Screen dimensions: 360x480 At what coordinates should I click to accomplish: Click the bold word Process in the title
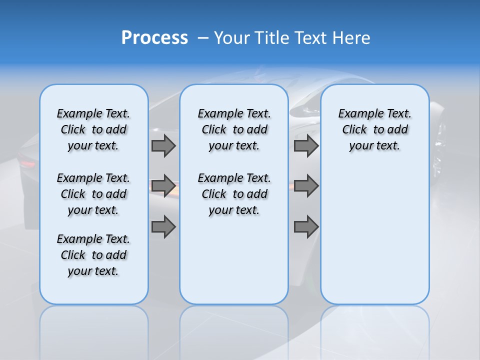(154, 37)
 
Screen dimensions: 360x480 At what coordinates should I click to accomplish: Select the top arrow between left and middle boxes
(163, 145)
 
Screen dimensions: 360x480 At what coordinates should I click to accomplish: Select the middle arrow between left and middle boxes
(163, 186)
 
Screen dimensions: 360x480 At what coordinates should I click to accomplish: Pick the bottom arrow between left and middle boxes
(163, 227)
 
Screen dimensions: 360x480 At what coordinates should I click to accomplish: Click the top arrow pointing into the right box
(306, 145)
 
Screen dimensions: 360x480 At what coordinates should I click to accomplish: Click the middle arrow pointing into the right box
(306, 186)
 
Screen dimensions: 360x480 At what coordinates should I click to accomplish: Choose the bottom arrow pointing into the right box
(306, 227)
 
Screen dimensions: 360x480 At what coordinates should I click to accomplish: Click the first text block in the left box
(93, 129)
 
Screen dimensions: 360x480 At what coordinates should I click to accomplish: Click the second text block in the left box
(93, 194)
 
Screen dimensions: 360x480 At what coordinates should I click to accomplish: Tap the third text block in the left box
(93, 255)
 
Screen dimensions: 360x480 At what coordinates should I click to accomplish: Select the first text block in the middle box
(234, 129)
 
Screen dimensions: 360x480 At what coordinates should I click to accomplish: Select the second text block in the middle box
(234, 194)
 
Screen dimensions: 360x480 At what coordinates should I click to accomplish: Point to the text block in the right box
(374, 129)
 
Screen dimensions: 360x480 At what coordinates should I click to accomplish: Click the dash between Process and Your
(203, 38)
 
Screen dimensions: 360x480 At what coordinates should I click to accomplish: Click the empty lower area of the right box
(374, 240)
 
